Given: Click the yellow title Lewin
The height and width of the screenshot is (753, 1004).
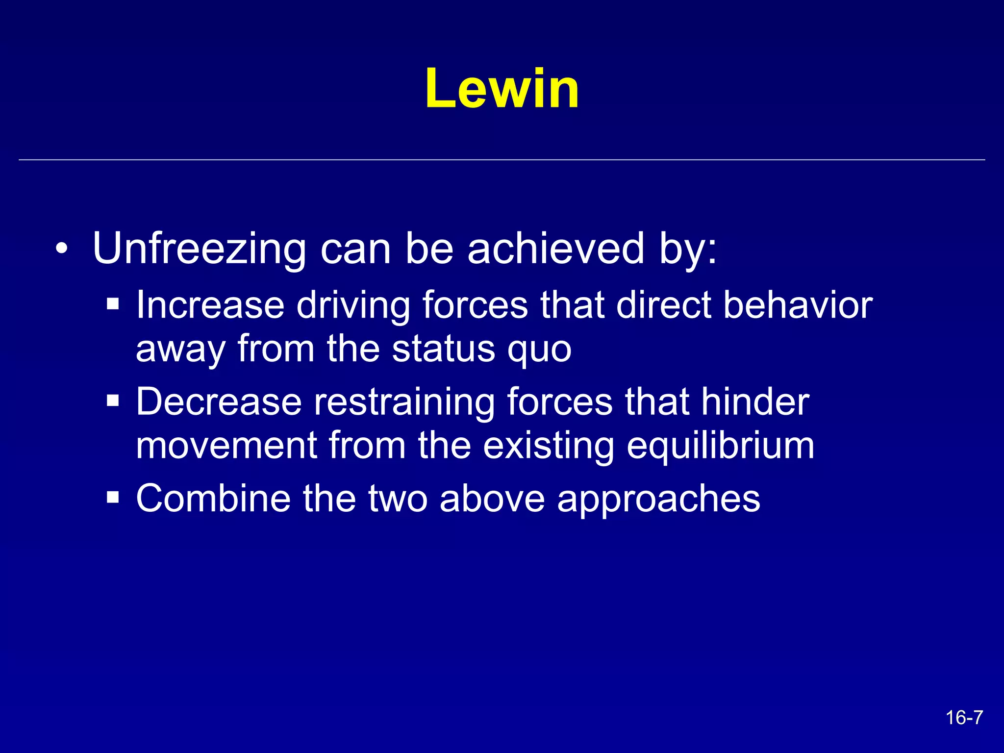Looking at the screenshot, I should pyautogui.click(x=502, y=89).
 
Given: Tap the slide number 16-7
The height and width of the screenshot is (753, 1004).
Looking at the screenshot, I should pyautogui.click(x=964, y=718).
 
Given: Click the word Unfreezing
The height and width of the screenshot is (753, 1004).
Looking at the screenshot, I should pyautogui.click(x=199, y=249).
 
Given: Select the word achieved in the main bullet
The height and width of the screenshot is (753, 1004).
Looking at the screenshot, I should pyautogui.click(x=555, y=249).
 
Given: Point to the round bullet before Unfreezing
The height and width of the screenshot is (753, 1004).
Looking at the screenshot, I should pyautogui.click(x=62, y=249).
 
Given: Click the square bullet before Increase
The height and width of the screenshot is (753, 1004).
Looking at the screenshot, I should pyautogui.click(x=113, y=304).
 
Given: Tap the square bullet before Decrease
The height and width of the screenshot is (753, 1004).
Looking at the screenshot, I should pyautogui.click(x=113, y=401).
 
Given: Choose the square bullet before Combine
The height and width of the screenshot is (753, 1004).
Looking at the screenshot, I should pyautogui.click(x=113, y=498).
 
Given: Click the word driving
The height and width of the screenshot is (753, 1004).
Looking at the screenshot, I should pyautogui.click(x=353, y=305).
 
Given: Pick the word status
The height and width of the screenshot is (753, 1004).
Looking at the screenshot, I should pyautogui.click(x=444, y=349).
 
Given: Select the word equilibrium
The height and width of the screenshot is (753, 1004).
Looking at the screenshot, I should pyautogui.click(x=721, y=446).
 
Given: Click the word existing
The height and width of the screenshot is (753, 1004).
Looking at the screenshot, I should pyautogui.click(x=548, y=446).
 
